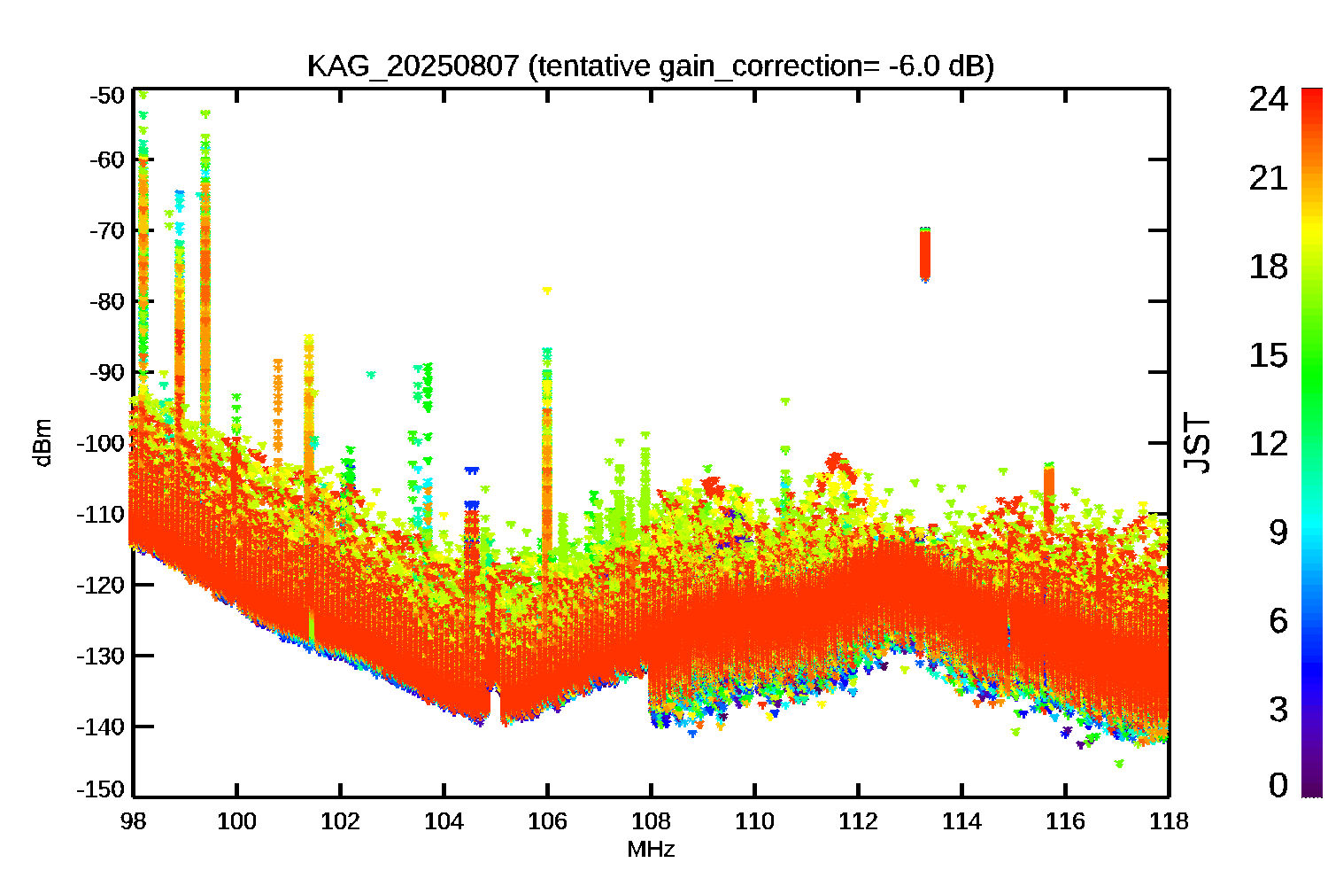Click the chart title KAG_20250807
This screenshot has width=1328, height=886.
coord(412,66)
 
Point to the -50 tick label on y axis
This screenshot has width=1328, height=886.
coord(107,95)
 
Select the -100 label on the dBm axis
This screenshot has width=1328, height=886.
coord(103,443)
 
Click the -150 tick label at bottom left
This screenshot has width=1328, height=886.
coord(103,789)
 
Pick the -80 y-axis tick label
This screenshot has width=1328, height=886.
coord(107,301)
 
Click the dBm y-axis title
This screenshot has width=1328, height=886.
coord(42,443)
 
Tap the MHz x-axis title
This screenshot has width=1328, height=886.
coord(651,850)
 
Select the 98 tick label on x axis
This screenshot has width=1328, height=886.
coord(133,821)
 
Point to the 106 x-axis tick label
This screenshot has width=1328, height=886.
coord(547,821)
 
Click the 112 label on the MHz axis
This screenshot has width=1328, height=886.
coord(858,821)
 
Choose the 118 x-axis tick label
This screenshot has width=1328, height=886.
coord(1169,821)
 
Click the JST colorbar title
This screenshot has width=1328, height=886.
coord(1197,443)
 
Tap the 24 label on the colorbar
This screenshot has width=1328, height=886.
coord(1268,100)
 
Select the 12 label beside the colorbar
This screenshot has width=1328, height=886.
coord(1268,443)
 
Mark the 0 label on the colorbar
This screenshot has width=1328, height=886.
coord(1278,785)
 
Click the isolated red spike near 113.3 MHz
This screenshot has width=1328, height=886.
coord(925,255)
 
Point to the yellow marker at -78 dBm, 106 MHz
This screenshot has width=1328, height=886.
coord(547,291)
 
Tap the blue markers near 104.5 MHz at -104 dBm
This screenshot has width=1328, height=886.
coord(472,470)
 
